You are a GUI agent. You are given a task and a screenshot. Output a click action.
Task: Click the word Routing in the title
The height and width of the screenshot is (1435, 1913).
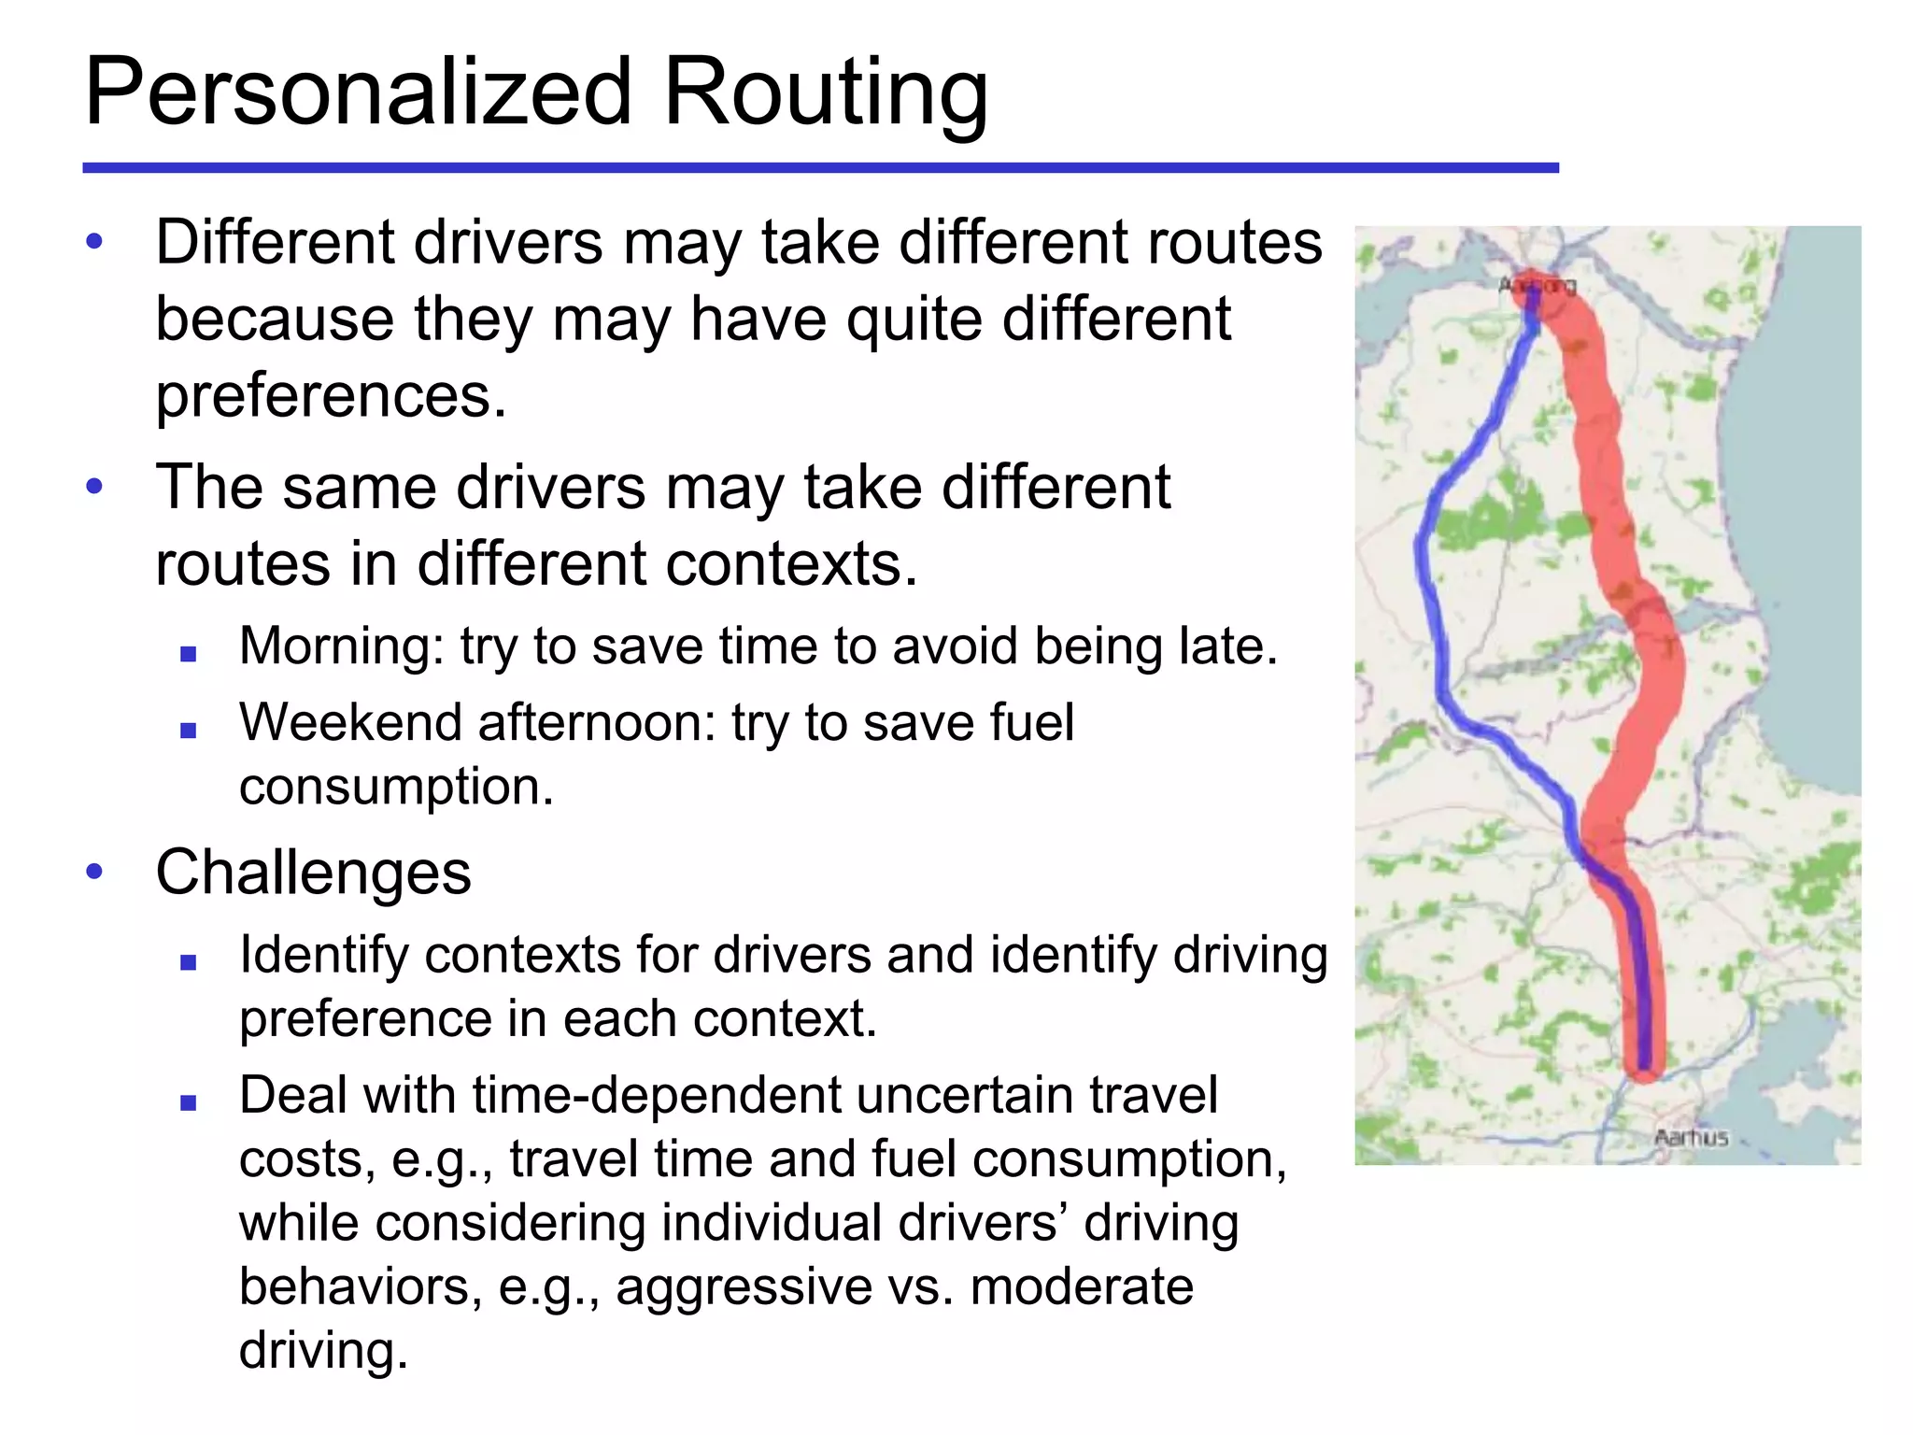pyautogui.click(x=824, y=93)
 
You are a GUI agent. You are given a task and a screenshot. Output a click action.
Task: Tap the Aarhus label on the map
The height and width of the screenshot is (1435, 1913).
pyautogui.click(x=1691, y=1137)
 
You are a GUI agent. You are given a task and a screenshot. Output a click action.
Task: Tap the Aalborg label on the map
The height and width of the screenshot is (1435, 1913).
pyautogui.click(x=1537, y=285)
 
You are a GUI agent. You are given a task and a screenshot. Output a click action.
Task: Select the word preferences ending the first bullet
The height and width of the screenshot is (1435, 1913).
pyautogui.click(x=330, y=396)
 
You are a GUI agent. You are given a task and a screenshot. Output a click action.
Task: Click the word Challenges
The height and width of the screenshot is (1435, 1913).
pyautogui.click(x=314, y=873)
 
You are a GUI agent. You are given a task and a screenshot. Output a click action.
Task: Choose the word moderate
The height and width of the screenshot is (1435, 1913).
pyautogui.click(x=1082, y=1286)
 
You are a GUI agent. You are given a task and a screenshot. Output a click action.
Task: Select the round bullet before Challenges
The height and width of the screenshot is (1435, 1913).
pyautogui.click(x=94, y=873)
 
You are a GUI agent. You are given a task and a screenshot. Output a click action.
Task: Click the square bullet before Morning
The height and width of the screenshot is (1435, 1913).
pyautogui.click(x=189, y=654)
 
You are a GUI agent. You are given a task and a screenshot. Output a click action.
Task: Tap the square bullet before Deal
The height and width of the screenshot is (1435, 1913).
pyautogui.click(x=189, y=1102)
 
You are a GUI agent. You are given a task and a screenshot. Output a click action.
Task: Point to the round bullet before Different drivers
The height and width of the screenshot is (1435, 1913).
pyautogui.click(x=94, y=243)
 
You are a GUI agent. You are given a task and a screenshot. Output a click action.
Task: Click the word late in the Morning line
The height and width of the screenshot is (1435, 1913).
pyautogui.click(x=1227, y=646)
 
